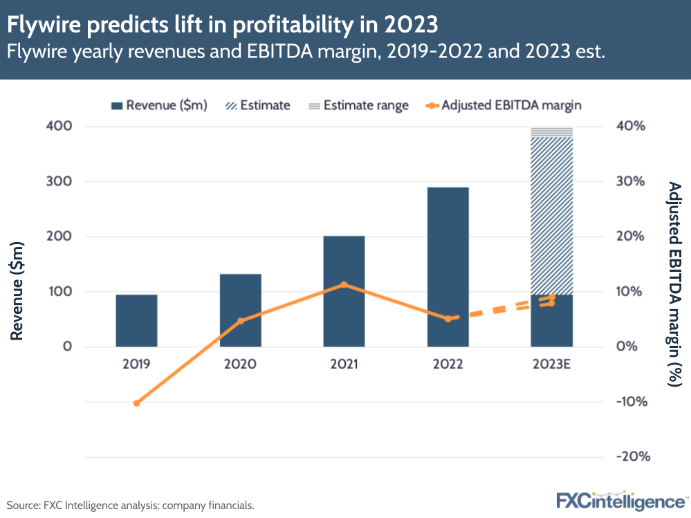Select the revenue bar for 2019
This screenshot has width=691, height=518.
[x=136, y=320]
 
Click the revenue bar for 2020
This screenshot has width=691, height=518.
[x=240, y=310]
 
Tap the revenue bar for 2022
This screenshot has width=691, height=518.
[x=448, y=266]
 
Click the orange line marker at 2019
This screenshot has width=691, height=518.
[x=136, y=403]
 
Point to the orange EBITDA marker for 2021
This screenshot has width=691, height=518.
[x=344, y=284]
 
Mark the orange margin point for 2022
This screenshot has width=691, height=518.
[x=448, y=319]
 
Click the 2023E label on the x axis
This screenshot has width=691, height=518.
[x=551, y=364]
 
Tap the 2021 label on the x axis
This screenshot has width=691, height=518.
[x=344, y=364]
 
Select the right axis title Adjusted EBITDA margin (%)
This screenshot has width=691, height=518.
[x=674, y=284]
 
